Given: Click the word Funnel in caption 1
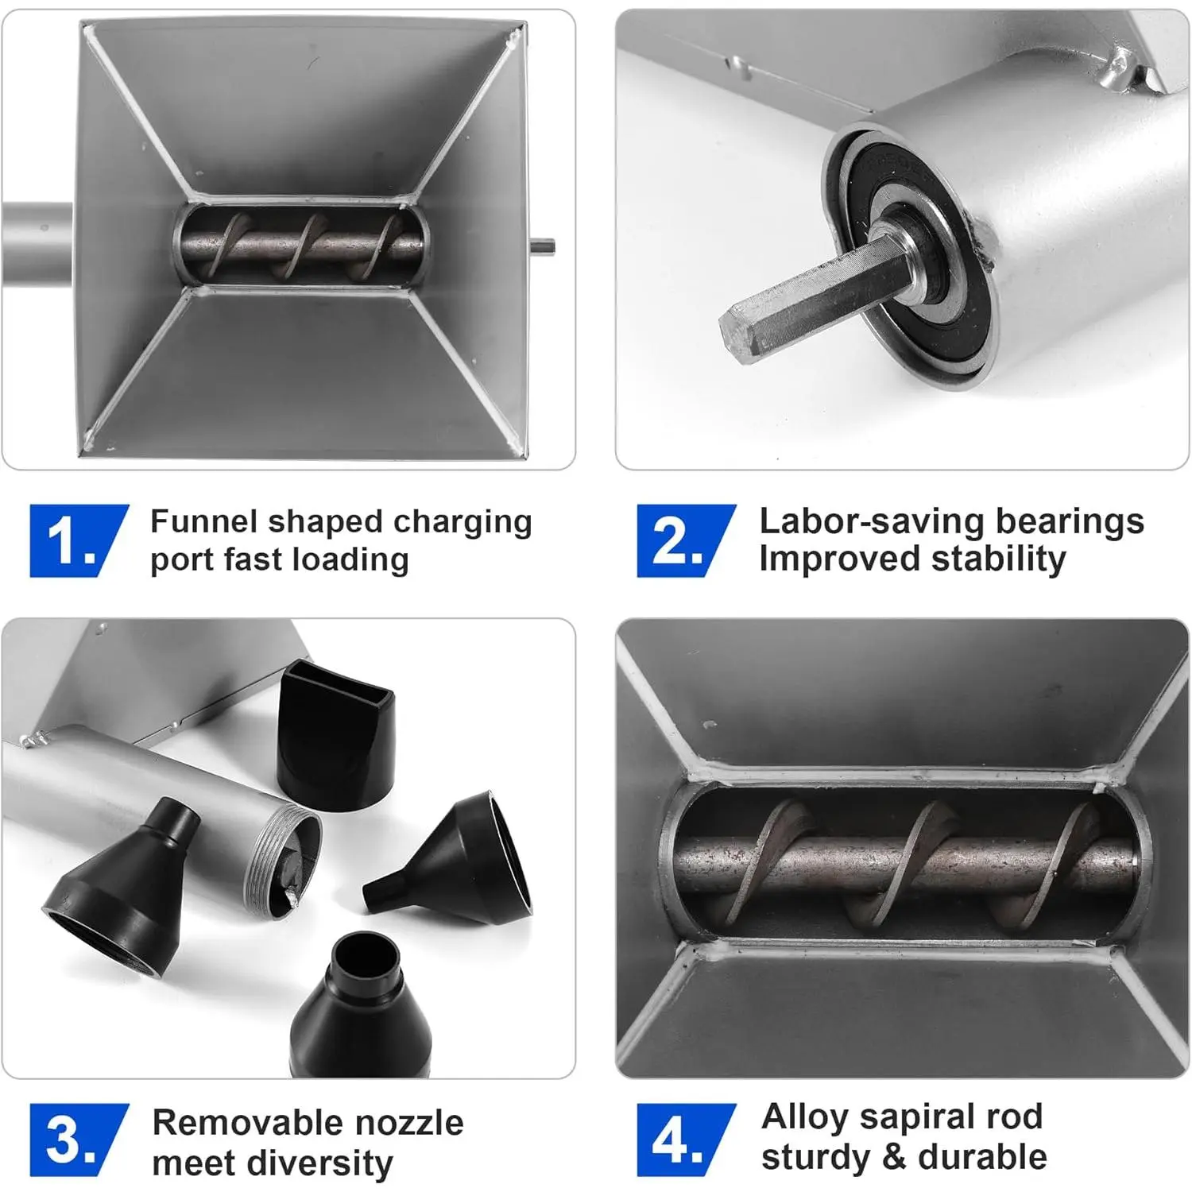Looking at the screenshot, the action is [x=204, y=521].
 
